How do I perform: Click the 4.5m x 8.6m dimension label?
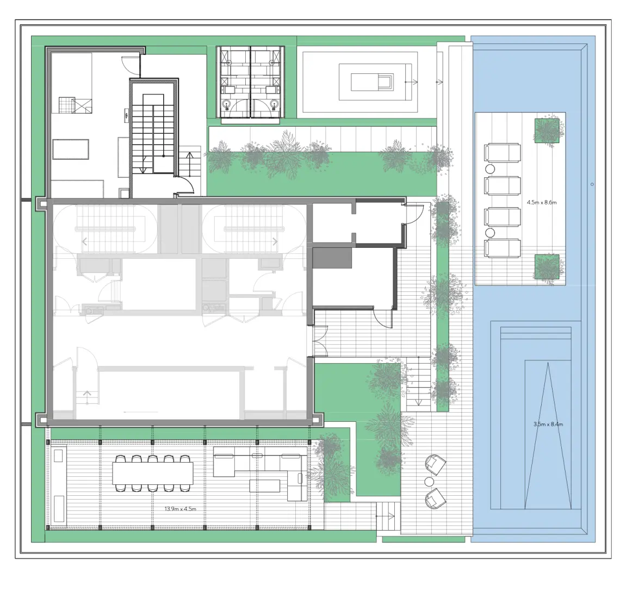coord(542,202)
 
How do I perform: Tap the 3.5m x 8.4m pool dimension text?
coord(548,424)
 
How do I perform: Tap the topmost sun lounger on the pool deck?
coord(502,153)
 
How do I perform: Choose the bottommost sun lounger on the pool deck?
coord(502,249)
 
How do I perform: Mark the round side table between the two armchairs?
coord(429,482)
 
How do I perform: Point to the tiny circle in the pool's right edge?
coord(592,184)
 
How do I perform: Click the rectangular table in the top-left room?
coord(71,149)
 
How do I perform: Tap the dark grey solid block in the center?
coord(332,258)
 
